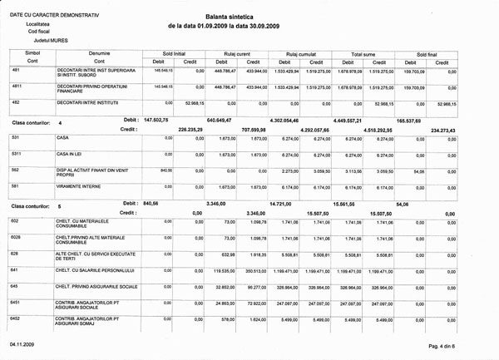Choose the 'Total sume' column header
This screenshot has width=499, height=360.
[363, 52]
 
